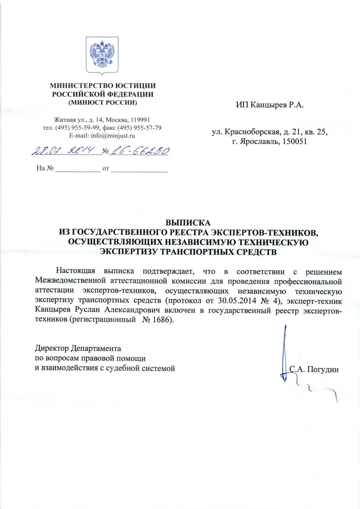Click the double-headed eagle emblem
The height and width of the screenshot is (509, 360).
tap(102, 55)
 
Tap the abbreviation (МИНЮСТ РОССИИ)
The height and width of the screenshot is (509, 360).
tap(102, 102)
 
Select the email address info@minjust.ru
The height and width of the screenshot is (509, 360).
tap(113, 136)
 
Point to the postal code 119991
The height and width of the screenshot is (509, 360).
tap(140, 120)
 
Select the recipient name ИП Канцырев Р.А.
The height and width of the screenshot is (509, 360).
tap(270, 105)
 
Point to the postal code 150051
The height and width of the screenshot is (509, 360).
tap(295, 142)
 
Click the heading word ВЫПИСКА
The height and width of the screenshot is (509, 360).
tap(188, 223)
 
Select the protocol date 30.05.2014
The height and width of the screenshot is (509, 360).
tap(237, 301)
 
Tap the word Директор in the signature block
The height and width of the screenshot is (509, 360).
tap(52, 348)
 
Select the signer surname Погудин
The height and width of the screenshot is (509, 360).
tap(323, 369)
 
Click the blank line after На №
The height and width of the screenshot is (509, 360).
tap(78, 169)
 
